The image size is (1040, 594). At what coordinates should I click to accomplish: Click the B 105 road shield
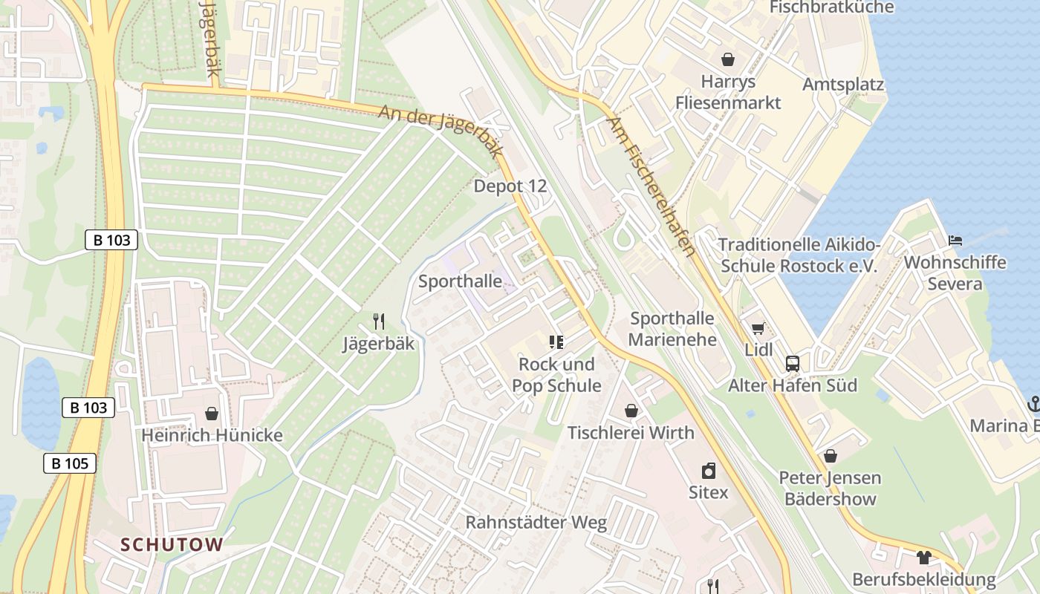(70, 463)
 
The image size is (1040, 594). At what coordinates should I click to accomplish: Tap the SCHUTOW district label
(172, 544)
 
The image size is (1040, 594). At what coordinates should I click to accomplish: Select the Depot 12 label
(510, 186)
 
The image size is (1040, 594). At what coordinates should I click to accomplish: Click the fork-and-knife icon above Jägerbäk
(379, 322)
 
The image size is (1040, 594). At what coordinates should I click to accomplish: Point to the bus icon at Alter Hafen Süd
(793, 363)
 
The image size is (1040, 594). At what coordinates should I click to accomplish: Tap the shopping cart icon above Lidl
(758, 328)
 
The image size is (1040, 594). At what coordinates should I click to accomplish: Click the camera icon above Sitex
(709, 471)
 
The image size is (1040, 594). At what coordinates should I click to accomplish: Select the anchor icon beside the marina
(1033, 404)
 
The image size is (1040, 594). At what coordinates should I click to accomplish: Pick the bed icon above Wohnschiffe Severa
(955, 241)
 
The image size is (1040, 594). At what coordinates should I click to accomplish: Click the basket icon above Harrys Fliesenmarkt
(727, 59)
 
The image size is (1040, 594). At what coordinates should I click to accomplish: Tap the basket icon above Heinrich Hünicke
(212, 413)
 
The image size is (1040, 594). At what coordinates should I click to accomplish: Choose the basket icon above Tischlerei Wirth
(631, 410)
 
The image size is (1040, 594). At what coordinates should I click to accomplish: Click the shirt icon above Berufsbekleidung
(923, 557)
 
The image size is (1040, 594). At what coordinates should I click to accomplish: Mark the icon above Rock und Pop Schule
(556, 342)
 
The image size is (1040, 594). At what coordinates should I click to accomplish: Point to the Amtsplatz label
(843, 84)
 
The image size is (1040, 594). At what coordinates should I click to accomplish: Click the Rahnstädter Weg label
(536, 522)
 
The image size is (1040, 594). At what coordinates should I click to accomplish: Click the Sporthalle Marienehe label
(672, 329)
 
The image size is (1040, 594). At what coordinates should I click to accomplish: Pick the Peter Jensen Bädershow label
(830, 488)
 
